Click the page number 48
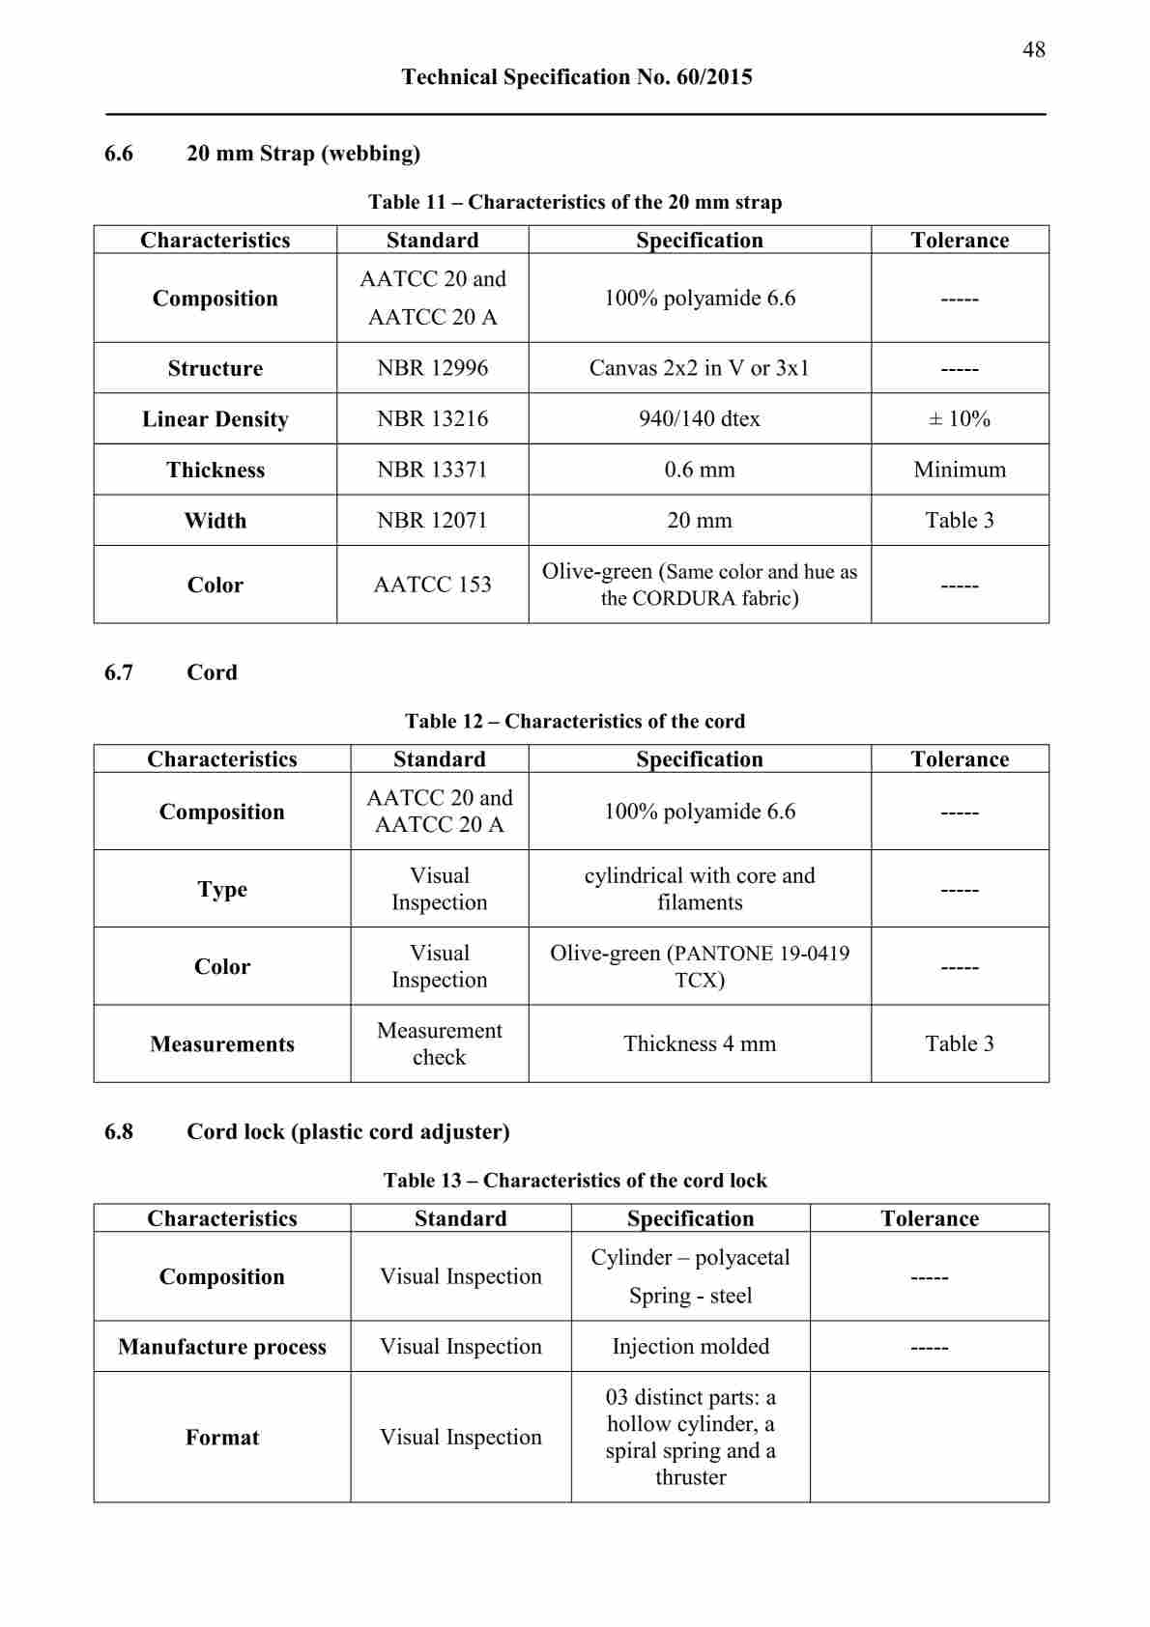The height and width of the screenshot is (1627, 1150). tap(1033, 49)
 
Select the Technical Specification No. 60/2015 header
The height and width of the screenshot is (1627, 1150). tap(577, 77)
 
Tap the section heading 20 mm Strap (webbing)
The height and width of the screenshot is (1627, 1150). tap(302, 154)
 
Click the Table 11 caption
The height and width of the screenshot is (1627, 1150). tap(575, 202)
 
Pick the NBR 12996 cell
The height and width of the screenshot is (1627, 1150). tap(432, 368)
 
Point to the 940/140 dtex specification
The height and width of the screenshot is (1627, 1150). tap(699, 418)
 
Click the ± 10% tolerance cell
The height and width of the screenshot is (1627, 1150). tap(959, 418)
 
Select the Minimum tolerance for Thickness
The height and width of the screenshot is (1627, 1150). tap(959, 470)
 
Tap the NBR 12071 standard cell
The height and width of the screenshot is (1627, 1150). tap(432, 521)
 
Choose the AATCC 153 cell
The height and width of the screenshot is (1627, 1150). tap(432, 585)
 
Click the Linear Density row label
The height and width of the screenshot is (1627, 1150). tap(215, 419)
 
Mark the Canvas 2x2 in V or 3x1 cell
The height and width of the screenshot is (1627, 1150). tap(699, 368)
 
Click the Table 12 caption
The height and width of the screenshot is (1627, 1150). tap(575, 722)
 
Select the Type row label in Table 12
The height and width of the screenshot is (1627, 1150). tap(221, 889)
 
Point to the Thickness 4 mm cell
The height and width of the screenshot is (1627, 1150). tap(699, 1043)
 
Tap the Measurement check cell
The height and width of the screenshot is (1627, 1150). tap(439, 1043)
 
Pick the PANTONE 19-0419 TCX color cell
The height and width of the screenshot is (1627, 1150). tap(699, 966)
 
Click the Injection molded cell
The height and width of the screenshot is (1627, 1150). tap(690, 1347)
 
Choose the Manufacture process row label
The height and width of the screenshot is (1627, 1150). tap(221, 1347)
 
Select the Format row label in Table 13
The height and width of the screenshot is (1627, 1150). tap(221, 1438)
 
